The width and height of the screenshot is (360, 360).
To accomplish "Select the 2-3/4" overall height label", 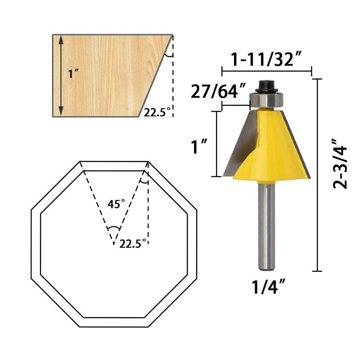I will coord(342,163).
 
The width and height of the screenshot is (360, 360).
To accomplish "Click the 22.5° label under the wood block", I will coord(158,112).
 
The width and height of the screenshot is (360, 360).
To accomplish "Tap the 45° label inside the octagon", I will coord(116,204).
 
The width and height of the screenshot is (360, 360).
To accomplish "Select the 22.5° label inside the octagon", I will coord(133,244).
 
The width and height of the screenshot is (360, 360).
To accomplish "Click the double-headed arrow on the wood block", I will coord(61,75).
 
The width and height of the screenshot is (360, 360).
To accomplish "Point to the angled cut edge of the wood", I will coord(154,76).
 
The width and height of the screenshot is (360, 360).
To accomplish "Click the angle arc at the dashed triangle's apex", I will coord(114,228).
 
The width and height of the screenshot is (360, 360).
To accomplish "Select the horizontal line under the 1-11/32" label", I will coord(266,71).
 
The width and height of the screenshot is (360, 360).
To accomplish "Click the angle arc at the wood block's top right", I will coord(168,54).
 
